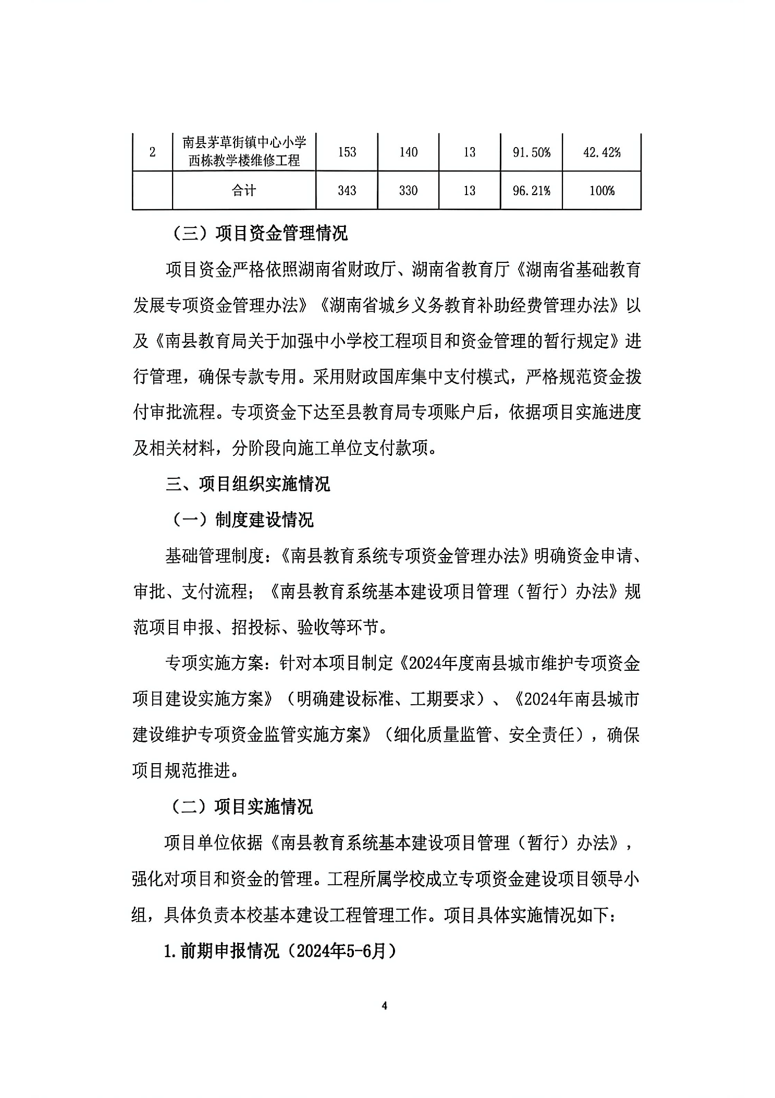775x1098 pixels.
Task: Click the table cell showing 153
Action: [x=347, y=152]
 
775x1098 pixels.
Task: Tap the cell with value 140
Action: [x=408, y=152]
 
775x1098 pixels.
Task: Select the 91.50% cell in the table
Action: [x=531, y=152]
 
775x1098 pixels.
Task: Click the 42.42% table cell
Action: [x=601, y=152]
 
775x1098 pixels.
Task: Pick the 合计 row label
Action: [x=244, y=190]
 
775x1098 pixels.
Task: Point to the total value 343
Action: [x=347, y=190]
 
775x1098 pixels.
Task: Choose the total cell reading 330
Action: [x=408, y=190]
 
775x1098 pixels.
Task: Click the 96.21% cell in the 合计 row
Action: [x=531, y=190]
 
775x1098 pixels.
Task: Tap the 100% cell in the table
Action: [x=601, y=190]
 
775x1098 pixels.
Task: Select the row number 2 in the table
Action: [x=152, y=152]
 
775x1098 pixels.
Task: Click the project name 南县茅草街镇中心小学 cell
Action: [x=244, y=151]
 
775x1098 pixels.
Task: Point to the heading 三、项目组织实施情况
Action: [x=248, y=484]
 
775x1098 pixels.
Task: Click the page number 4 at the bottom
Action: [x=385, y=1006]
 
